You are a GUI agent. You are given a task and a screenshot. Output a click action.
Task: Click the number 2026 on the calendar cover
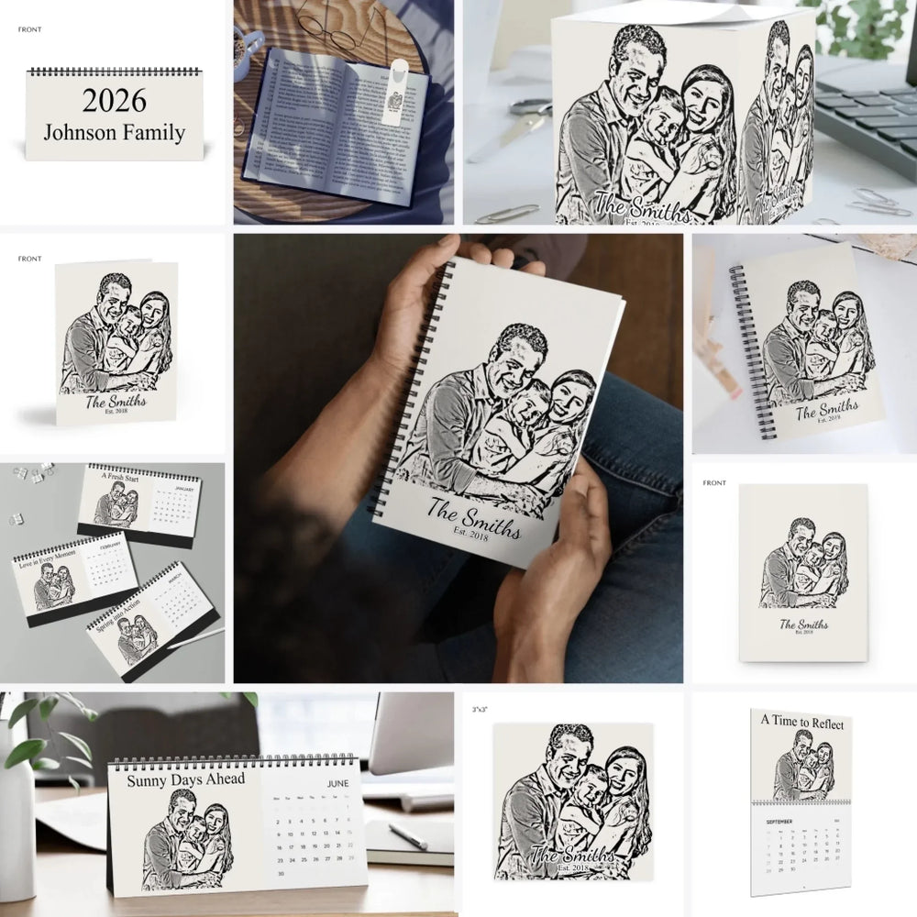(114, 100)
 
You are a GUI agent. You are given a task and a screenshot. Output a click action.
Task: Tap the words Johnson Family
(114, 132)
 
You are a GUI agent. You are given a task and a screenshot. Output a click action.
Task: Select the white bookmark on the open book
(394, 92)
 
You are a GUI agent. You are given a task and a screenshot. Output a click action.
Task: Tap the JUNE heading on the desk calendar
(337, 784)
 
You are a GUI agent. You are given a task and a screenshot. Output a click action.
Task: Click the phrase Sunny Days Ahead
(186, 779)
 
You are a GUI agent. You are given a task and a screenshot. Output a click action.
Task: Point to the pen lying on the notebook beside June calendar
(407, 835)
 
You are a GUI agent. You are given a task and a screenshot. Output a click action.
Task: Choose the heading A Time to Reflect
(802, 723)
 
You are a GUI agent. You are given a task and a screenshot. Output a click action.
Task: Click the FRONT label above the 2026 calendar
(29, 29)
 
